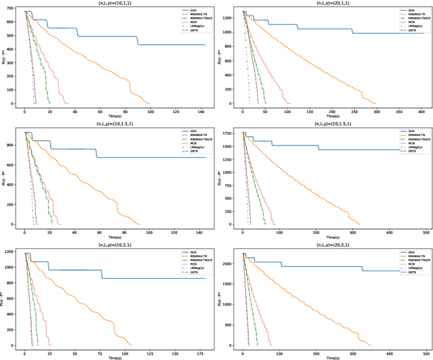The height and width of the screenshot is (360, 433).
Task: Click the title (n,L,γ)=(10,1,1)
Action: (118, 3)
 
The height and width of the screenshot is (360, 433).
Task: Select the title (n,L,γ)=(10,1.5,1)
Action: (118, 124)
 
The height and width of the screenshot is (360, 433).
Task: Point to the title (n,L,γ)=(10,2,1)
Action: (118, 244)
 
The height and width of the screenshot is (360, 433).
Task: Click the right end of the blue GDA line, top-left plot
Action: (205, 45)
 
